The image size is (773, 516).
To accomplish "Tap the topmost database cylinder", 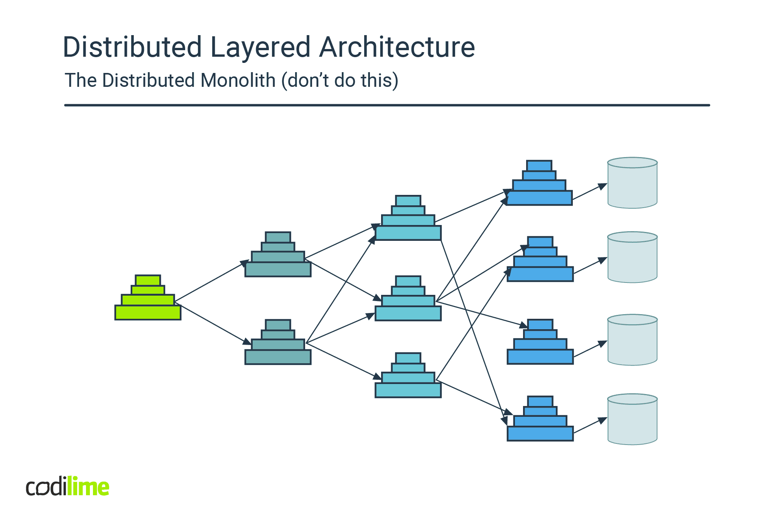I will [x=632, y=183].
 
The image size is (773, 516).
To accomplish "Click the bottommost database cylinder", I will [x=632, y=420].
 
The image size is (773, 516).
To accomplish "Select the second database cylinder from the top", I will [x=632, y=257].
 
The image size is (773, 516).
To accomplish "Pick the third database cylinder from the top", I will [x=632, y=340].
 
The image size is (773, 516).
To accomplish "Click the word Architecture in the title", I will [x=397, y=47].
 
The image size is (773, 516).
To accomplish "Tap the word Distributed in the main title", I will [x=132, y=47].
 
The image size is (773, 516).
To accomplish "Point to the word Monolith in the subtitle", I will [x=238, y=80].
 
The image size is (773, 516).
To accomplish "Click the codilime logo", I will [x=68, y=487].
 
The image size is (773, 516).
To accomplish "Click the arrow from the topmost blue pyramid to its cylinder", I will [x=589, y=192].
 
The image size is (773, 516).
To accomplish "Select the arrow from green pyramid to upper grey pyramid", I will [x=211, y=281].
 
